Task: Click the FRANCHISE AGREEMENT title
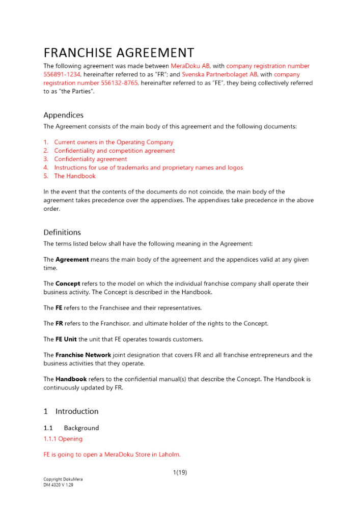pos(119,53)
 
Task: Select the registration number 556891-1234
pos(63,74)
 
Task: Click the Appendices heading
pos(63,115)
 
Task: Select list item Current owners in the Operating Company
pos(114,143)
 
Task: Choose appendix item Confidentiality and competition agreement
pos(114,151)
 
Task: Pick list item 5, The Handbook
pos(75,176)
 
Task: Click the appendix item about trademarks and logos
pos(148,167)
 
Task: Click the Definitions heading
pos(62,232)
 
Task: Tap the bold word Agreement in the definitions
pos(72,260)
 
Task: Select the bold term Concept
pos(68,284)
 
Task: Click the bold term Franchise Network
pos(84,355)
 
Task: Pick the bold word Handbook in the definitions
pos(71,379)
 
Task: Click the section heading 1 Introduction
pos(71,411)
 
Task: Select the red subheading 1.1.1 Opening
pos(63,439)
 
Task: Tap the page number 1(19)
pos(180,472)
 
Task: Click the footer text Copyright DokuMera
pos(63,479)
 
